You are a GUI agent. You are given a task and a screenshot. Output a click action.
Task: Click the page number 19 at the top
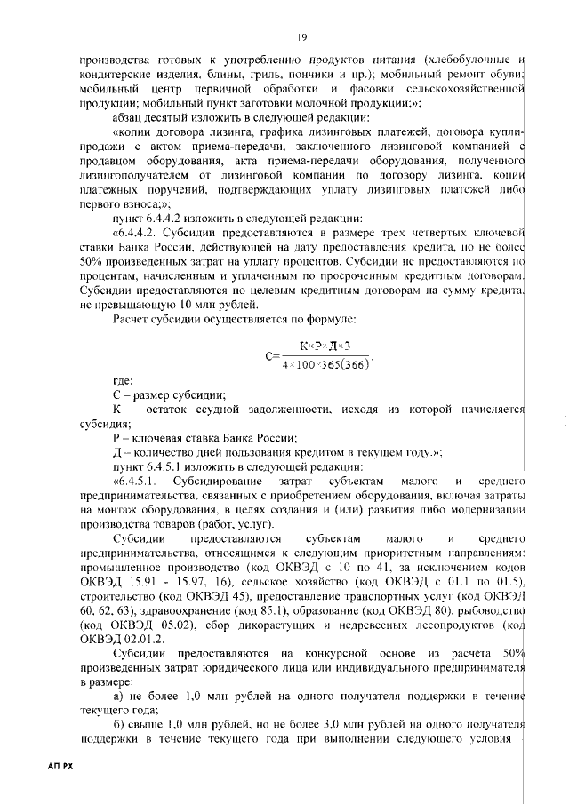coord(302,36)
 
